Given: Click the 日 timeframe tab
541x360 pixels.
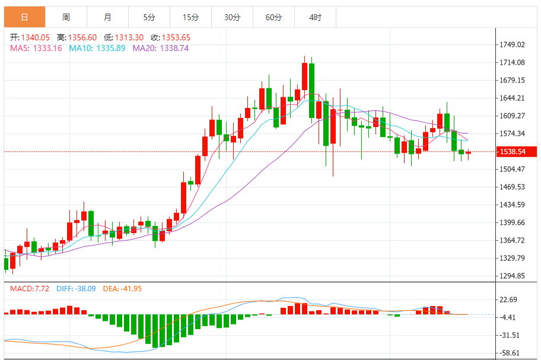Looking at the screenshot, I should [x=24, y=17].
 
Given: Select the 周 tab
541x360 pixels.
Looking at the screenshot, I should [x=66, y=17].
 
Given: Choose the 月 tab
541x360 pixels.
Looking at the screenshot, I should [x=107, y=17].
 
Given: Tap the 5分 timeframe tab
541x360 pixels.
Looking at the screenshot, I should [x=149, y=17].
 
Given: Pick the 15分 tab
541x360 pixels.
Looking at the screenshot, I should [x=190, y=17].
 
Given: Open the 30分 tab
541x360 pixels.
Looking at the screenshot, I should [x=232, y=17].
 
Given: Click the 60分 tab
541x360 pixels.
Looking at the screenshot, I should [x=273, y=17].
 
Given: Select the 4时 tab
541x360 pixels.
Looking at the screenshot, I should [x=315, y=17].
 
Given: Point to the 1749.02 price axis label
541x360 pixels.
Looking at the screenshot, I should [x=513, y=44].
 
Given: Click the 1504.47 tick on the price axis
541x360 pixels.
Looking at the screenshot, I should [x=513, y=169].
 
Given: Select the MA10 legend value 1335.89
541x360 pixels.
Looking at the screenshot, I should [x=112, y=48].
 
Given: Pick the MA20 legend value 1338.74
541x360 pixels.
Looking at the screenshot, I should [x=176, y=48].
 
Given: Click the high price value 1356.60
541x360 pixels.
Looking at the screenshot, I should [x=82, y=37].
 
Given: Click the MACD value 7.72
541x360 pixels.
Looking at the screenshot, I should [x=41, y=289].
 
